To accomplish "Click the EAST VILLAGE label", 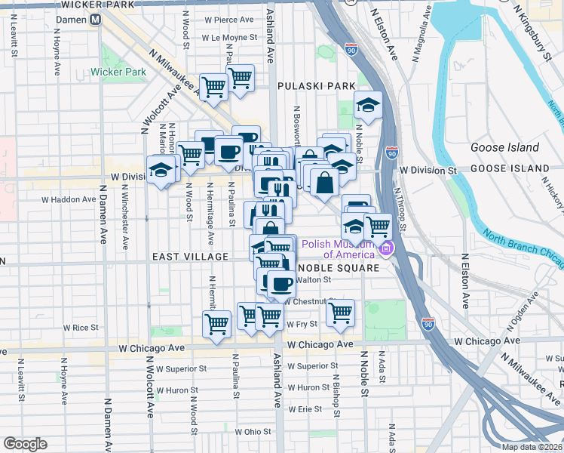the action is [190, 257].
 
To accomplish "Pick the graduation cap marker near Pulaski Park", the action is [367, 105].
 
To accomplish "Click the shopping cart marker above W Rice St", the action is [216, 324].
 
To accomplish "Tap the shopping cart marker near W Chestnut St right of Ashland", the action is [341, 311].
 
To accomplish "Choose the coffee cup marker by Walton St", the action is [281, 284].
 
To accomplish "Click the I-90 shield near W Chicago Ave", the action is [428, 322].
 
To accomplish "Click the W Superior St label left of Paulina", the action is [181, 368].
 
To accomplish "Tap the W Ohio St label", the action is [253, 432].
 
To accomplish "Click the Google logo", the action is [25, 443].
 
